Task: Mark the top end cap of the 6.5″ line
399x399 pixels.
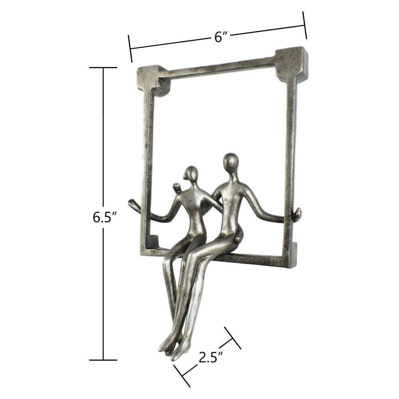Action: pyautogui.click(x=103, y=68)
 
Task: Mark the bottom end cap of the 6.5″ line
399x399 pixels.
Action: pyautogui.click(x=103, y=360)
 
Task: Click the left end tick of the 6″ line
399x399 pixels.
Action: pyautogui.click(x=130, y=49)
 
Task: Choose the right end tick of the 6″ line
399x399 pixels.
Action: pyautogui.click(x=305, y=25)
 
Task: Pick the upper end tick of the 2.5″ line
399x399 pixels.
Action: pyautogui.click(x=233, y=338)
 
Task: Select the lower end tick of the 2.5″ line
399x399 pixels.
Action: pyautogui.click(x=182, y=376)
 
